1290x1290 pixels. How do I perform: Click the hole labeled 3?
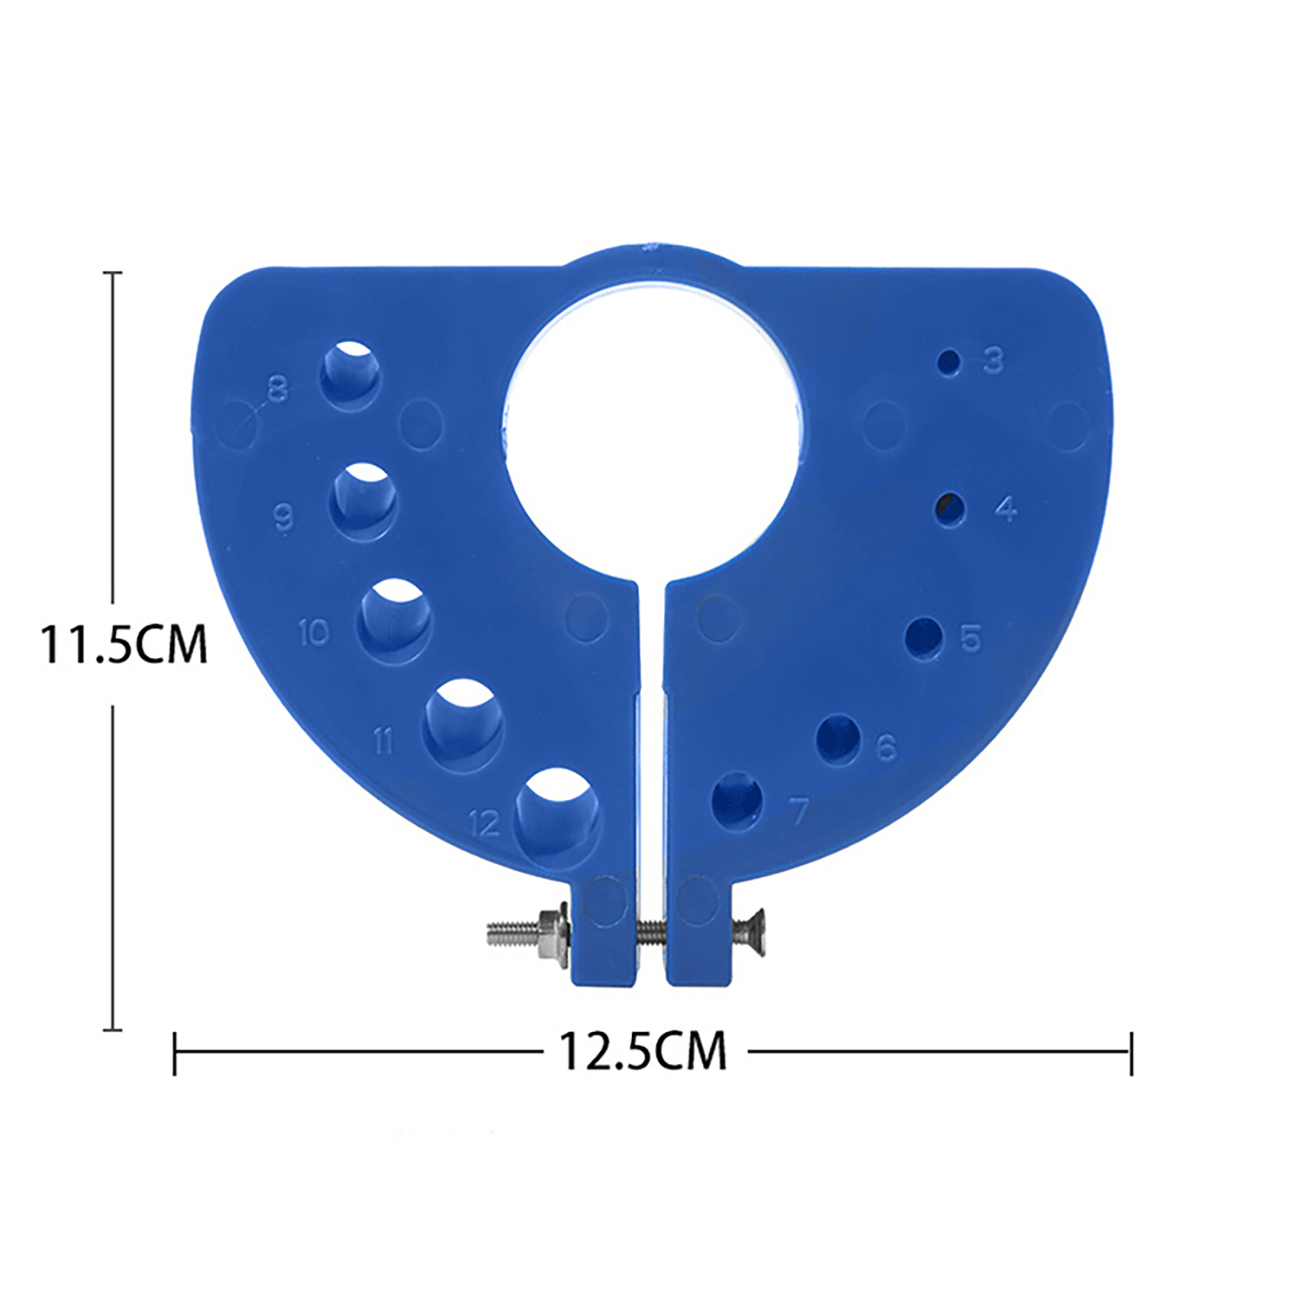(951, 362)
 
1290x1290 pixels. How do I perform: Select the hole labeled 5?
(924, 639)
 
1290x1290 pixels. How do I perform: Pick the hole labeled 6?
(838, 739)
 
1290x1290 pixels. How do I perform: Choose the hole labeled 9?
(364, 501)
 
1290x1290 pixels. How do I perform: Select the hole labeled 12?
(559, 812)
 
